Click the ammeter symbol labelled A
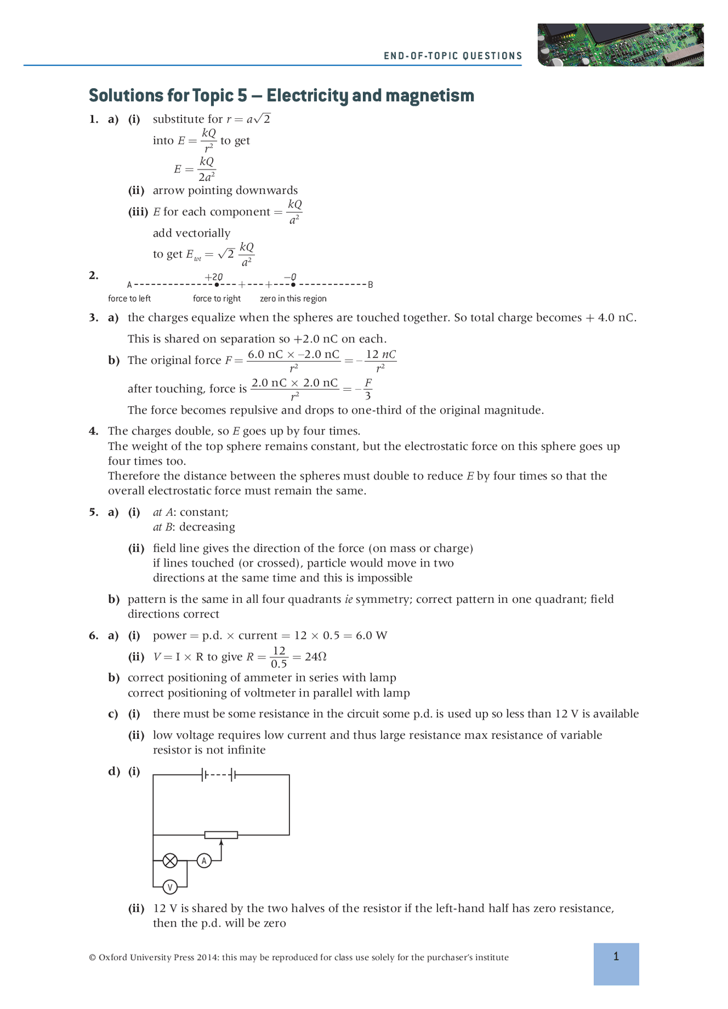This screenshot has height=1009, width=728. (x=204, y=861)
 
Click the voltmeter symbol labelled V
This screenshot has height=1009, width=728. (x=169, y=887)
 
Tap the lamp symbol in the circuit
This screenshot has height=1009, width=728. (x=170, y=861)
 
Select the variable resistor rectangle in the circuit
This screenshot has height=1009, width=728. (x=221, y=835)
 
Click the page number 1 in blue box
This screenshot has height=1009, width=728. (x=616, y=957)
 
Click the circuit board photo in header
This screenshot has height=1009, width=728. (x=620, y=44)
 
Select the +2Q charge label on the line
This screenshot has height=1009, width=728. (x=214, y=277)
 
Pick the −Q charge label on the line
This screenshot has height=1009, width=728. (x=290, y=277)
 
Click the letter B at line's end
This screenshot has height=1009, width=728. (x=370, y=285)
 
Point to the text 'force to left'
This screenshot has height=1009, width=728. (x=129, y=299)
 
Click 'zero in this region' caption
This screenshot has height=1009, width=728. (x=293, y=299)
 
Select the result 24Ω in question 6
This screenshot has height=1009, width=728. (x=316, y=657)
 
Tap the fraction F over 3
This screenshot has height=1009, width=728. (x=368, y=389)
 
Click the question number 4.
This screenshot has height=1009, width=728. (x=93, y=431)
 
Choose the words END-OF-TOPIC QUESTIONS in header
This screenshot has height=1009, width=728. (x=453, y=56)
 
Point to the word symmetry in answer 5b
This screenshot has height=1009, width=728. (x=382, y=599)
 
